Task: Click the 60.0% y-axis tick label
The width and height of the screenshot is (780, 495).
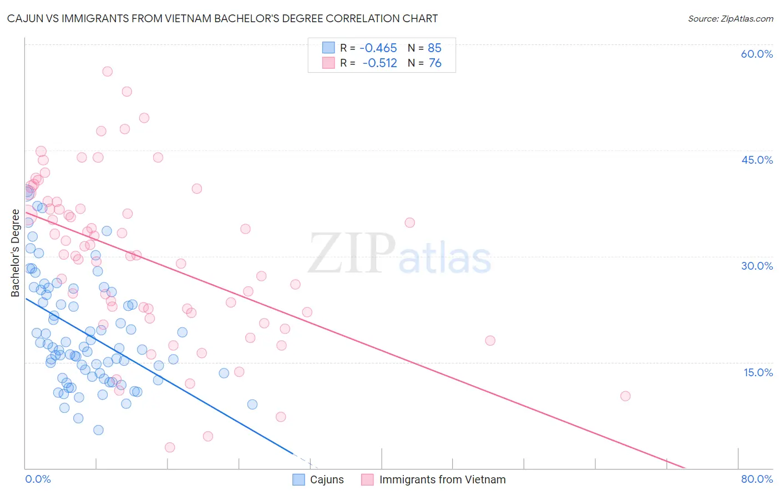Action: coord(757,54)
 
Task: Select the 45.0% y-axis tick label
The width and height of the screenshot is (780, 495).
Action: coord(757,160)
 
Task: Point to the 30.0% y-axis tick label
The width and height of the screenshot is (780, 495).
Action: coord(757,266)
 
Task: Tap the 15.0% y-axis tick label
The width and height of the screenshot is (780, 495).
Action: coord(758,372)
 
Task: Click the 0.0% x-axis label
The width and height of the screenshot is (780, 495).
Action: coord(38,479)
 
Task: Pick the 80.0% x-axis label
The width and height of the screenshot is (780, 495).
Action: coord(757,479)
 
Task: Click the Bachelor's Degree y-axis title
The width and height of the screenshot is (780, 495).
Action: coord(15,253)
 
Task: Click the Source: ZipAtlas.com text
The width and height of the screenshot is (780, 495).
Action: coord(730,18)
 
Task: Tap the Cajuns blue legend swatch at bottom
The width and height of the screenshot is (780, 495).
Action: coord(298,479)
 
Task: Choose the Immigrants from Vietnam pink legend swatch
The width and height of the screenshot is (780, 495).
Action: coord(367,479)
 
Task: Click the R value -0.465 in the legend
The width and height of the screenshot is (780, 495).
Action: coord(378,48)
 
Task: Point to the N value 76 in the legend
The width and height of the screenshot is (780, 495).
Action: coord(435,63)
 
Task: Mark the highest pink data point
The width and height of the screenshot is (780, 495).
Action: coord(108,72)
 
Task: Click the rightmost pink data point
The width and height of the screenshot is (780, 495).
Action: coord(625,396)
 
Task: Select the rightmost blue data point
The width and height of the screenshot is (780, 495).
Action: coord(252,404)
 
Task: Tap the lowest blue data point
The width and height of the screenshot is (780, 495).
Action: coord(98,430)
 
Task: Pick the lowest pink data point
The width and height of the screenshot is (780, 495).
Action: coord(170,447)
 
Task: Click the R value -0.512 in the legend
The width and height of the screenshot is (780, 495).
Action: coord(379,63)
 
